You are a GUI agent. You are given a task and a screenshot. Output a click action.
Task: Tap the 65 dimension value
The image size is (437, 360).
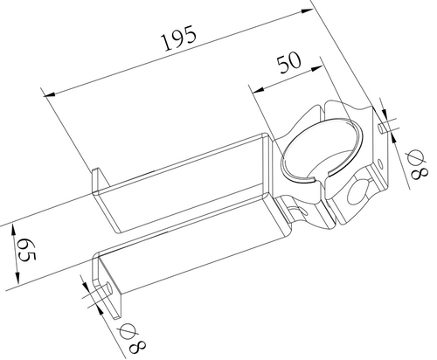click(24, 253)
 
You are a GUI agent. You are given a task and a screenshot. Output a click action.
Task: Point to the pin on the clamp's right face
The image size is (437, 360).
click(384, 128)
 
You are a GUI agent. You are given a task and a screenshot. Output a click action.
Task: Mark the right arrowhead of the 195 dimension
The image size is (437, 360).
click(307, 11)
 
